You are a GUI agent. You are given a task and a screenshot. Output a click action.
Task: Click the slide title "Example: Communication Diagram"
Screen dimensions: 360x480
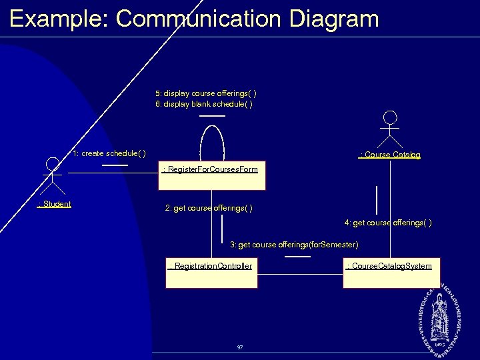pos(194,18)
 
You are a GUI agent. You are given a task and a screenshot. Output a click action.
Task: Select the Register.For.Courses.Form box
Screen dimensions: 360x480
pos(211,176)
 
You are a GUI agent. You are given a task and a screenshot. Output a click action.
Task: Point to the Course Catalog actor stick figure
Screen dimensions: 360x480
pos(390,129)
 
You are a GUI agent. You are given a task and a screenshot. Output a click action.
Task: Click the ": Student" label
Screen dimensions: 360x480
pos(55,204)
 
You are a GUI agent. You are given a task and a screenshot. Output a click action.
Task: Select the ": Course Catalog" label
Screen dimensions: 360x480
pos(390,155)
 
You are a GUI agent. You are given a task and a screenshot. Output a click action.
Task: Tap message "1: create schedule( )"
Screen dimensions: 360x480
pos(110,153)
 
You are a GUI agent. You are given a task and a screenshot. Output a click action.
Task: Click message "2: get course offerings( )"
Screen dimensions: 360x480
pos(209,209)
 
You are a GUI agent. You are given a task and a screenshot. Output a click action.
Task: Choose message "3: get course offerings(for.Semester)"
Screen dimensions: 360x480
pos(294,245)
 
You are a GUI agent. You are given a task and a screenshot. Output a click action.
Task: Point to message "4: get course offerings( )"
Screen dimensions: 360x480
pos(388,223)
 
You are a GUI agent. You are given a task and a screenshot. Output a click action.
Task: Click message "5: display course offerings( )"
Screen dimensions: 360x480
pos(206,93)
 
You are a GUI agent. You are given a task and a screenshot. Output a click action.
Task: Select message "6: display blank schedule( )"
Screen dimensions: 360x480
pos(204,104)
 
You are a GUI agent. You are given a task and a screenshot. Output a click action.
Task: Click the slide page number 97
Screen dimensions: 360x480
pos(240,347)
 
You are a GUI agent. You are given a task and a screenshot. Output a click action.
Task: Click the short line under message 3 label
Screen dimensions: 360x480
pos(297,255)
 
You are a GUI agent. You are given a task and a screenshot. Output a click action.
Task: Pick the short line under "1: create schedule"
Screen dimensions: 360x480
pos(115,164)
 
